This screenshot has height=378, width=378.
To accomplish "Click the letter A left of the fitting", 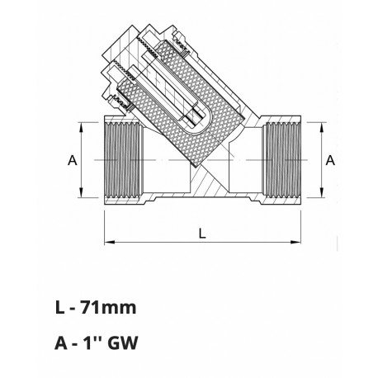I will tap(72, 160).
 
